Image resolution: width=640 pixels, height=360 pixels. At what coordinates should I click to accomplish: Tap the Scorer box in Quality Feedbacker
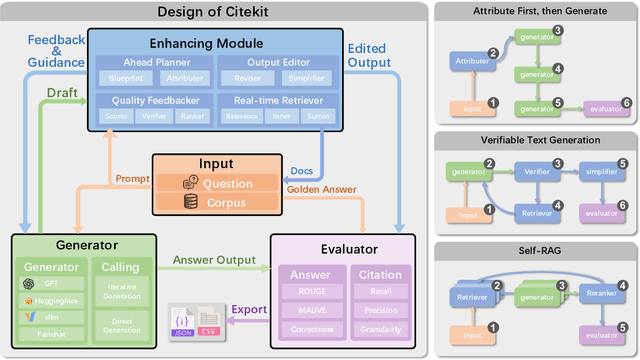pyautogui.click(x=116, y=116)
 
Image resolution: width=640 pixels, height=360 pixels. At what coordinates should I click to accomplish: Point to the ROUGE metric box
pyautogui.click(x=310, y=292)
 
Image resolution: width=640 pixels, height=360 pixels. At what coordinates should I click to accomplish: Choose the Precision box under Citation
pyautogui.click(x=380, y=311)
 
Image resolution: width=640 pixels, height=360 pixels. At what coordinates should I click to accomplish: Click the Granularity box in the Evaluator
pyautogui.click(x=380, y=329)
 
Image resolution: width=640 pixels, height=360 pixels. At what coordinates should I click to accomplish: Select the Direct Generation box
pyautogui.click(x=123, y=326)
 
